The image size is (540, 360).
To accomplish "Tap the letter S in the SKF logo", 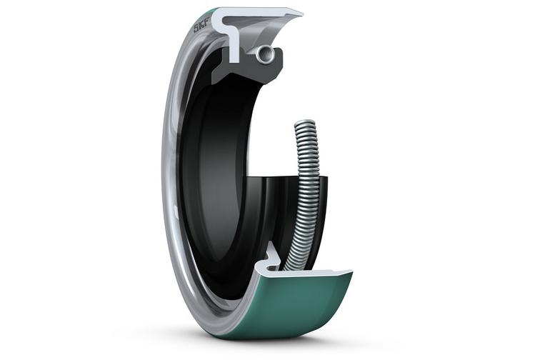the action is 196,29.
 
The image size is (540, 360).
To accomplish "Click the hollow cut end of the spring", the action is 265,54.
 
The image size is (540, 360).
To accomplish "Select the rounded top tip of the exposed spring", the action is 305,123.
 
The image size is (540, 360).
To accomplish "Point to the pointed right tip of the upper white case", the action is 302,14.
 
